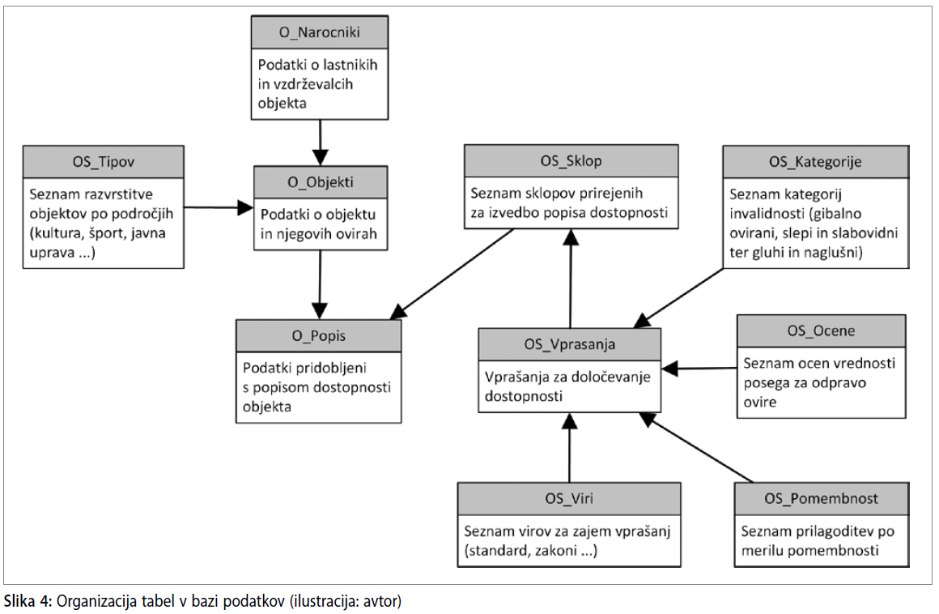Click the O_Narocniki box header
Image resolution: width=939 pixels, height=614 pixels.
[320, 32]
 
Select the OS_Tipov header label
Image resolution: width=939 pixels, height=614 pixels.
[104, 162]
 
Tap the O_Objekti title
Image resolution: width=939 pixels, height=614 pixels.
[321, 182]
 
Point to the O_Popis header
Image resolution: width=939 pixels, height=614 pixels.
[319, 336]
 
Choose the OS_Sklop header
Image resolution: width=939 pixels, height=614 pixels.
[571, 160]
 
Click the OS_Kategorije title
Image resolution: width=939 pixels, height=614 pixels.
[816, 162]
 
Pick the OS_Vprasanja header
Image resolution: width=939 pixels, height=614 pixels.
[570, 344]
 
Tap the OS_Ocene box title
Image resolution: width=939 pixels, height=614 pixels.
[821, 331]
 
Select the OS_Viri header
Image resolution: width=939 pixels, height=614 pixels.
[569, 499]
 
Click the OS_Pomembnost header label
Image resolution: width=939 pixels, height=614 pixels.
[821, 499]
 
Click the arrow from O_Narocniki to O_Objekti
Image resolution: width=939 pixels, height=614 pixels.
[321, 143]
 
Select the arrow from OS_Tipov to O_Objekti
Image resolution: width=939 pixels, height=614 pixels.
[219, 208]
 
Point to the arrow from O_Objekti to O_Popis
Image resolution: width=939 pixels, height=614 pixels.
[320, 284]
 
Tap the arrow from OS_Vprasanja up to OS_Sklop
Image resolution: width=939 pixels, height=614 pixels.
[571, 279]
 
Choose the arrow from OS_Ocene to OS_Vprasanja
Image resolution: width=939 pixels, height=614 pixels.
[699, 369]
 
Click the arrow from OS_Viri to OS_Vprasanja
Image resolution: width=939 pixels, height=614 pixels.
[570, 447]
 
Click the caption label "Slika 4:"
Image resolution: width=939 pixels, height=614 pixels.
[28, 601]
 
